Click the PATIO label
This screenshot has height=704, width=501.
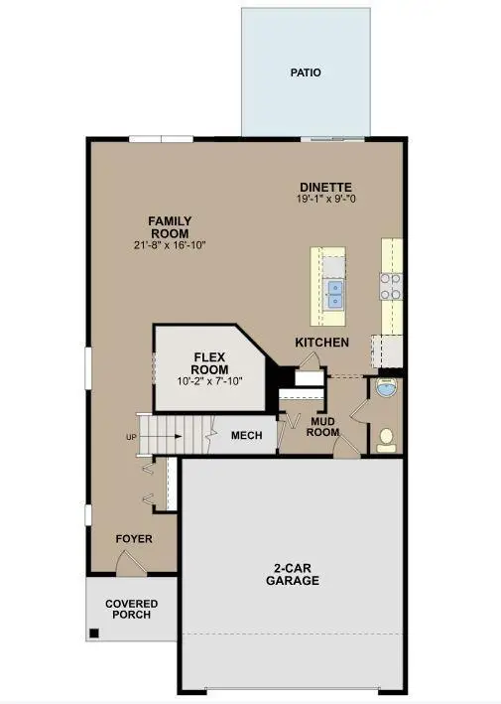pos(306,72)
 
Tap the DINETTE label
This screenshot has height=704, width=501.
pos(326,187)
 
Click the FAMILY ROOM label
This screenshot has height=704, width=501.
pos(170,226)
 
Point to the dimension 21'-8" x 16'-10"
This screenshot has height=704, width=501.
pos(170,244)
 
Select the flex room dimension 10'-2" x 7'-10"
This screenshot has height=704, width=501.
pos(209,379)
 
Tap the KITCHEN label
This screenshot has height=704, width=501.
pos(321,343)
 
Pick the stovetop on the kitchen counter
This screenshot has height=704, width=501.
pos(391,287)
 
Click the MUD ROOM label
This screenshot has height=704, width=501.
pos(324,427)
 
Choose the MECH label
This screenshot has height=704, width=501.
pos(245,436)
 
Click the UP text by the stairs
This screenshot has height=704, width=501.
pos(131,437)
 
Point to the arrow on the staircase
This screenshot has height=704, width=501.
pos(169,436)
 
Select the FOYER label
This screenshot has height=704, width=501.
pos(133,539)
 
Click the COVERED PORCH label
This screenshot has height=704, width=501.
pos(132,610)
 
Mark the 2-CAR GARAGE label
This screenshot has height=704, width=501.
pos(292,574)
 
